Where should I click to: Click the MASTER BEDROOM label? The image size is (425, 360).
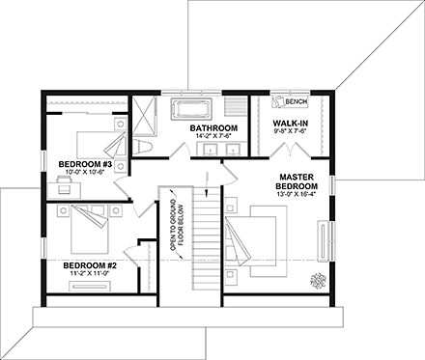coord(300,183)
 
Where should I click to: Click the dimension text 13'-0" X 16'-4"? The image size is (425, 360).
coord(300,193)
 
